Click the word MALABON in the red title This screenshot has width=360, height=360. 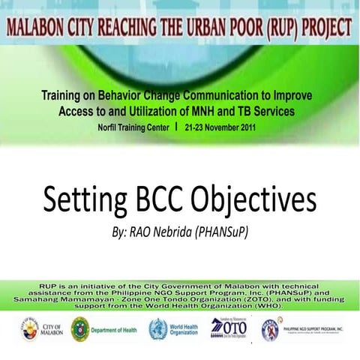pos(38,28)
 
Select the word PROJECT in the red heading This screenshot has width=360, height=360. pos(322,28)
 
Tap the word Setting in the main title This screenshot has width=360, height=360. pos(85,201)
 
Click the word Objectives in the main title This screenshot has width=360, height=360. pos(254,201)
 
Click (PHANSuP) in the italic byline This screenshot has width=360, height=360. pos(222,233)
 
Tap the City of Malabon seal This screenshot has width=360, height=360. pos(29,329)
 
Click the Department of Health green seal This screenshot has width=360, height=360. pos(79,329)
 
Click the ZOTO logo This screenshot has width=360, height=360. pos(226,328)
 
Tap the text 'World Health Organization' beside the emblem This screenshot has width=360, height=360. pos(184,329)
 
